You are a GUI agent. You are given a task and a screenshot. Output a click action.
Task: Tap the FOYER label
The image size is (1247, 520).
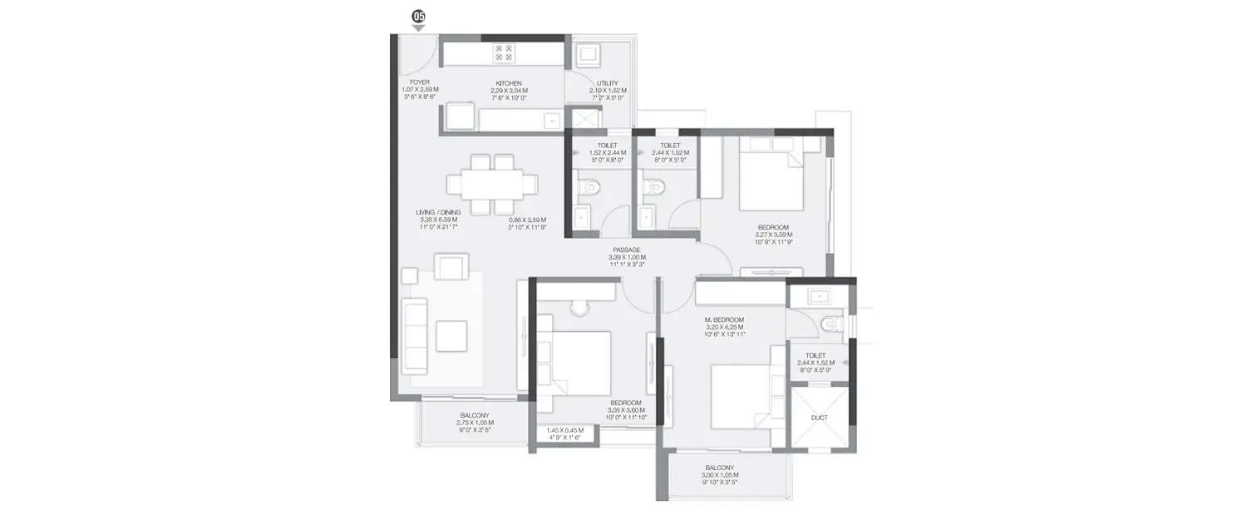coord(420,83)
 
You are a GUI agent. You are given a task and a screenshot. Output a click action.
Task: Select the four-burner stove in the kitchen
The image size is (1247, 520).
coord(505,53)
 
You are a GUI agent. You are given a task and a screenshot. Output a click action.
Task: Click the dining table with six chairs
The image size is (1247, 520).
coord(491,184)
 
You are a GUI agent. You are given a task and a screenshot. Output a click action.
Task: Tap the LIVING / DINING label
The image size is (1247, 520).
coord(438,213)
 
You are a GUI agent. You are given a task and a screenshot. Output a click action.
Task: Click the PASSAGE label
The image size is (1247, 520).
coord(626,250)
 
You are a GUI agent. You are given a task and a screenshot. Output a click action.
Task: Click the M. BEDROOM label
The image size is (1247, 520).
coord(724,319)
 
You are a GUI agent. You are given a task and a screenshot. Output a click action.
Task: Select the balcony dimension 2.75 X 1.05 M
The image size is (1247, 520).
coord(475,423)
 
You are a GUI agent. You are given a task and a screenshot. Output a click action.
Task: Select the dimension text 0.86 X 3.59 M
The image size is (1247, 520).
coord(531,220)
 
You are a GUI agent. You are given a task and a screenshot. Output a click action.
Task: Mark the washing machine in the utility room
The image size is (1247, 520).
coord(590,55)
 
